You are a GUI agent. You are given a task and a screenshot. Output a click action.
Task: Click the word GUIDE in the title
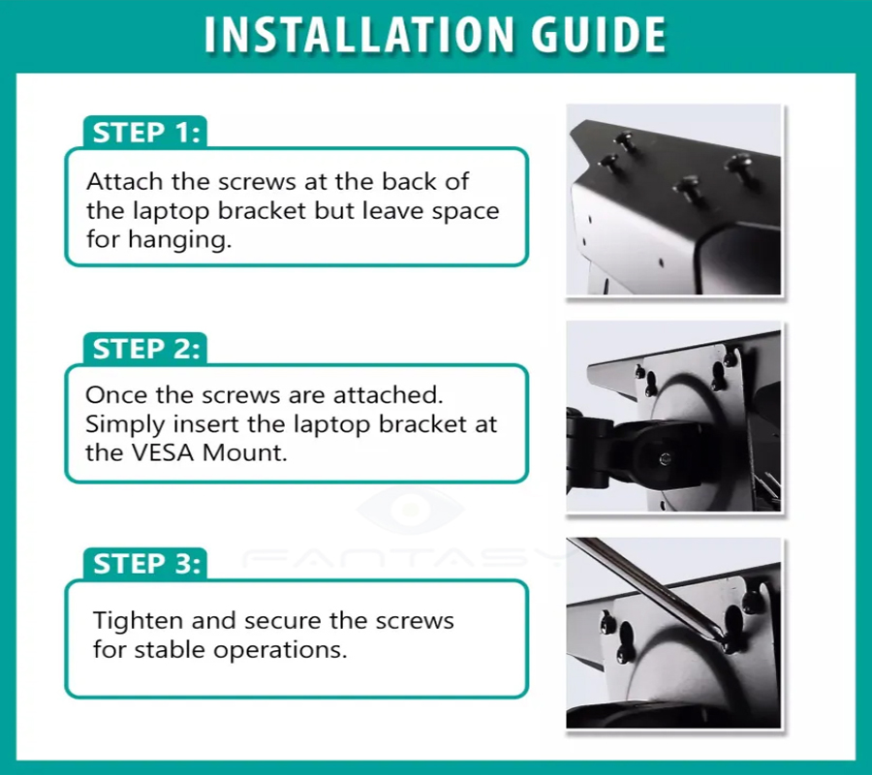coord(599,35)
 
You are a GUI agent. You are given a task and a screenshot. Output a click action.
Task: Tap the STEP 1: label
coord(146,133)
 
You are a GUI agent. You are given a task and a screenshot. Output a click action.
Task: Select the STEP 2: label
coord(146,349)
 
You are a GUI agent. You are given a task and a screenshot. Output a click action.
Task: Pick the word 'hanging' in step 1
coord(178,240)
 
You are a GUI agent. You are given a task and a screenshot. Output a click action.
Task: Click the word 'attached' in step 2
coord(389,394)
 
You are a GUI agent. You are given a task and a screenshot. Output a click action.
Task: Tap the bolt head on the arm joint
coord(665,459)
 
